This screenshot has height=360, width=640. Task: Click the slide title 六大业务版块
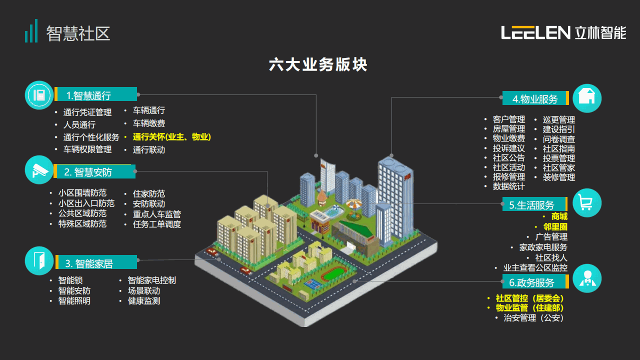coord(318,64)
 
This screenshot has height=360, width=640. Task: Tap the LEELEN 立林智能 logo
coord(563,33)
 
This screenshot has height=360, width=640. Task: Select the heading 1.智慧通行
coord(88,95)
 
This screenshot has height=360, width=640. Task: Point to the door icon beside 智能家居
coord(39,260)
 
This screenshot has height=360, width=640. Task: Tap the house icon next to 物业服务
coord(587,98)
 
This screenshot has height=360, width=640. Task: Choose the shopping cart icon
coord(587,203)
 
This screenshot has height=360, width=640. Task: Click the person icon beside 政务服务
coord(587,278)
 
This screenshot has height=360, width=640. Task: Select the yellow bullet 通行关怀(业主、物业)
coord(171,137)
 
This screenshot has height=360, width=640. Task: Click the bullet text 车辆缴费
coord(149,123)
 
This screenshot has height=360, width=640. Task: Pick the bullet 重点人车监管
coord(157,214)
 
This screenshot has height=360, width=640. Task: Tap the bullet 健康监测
coord(143,301)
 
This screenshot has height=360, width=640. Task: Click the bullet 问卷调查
coord(559,139)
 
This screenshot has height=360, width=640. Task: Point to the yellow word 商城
coord(559,216)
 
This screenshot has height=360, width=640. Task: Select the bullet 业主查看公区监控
coord(535,267)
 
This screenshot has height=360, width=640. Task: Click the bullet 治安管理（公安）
coord(533,317)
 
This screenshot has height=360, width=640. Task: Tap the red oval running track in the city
coord(333,273)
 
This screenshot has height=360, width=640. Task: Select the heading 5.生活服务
coord(531,205)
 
